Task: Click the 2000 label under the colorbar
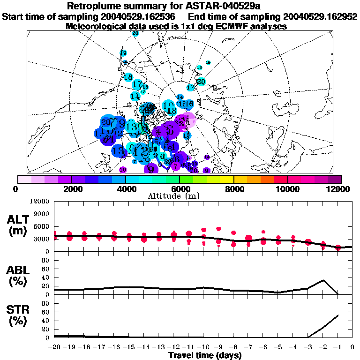click(x=71, y=189)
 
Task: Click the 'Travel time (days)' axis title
click(x=204, y=356)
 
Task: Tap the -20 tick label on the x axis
click(x=54, y=347)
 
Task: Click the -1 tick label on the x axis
click(x=337, y=347)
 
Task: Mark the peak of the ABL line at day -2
click(x=323, y=280)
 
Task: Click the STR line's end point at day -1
click(x=338, y=315)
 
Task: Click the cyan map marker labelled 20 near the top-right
click(x=201, y=82)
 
